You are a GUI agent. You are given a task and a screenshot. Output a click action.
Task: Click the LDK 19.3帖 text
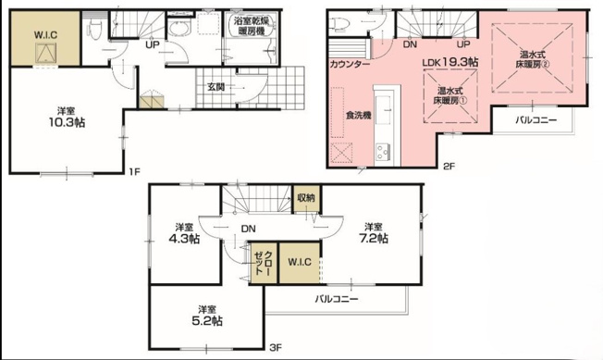[x=450, y=61]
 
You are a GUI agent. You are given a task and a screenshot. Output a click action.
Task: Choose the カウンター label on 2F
[x=350, y=66]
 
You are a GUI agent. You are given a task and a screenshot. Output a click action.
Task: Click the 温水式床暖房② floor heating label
[x=534, y=60]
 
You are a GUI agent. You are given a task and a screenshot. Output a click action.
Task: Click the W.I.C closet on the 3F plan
[x=300, y=263]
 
